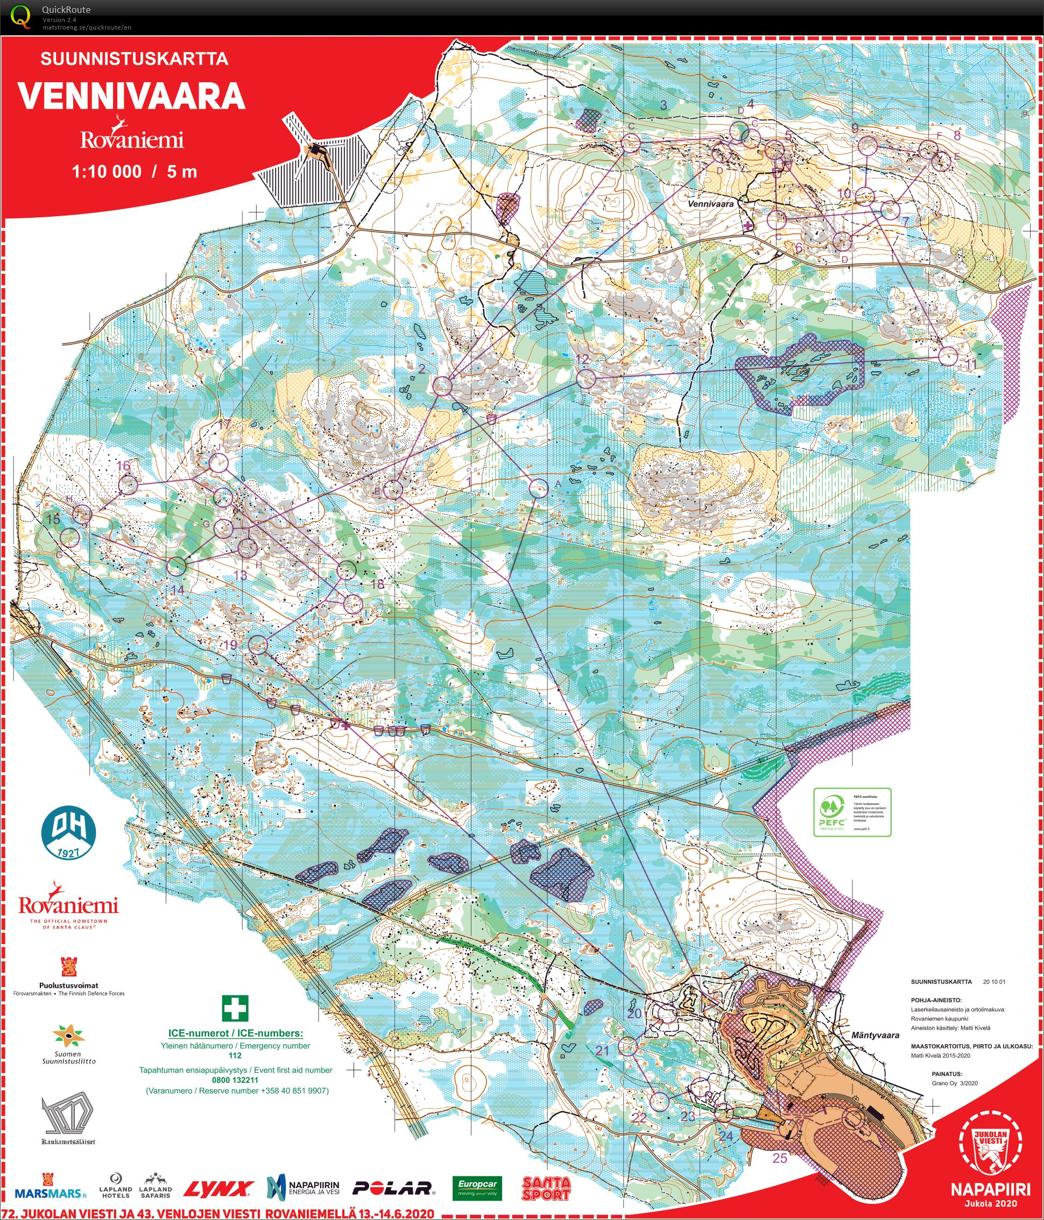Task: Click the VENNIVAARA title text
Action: [131, 96]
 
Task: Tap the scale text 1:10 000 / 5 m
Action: [135, 172]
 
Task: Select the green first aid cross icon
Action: [235, 1008]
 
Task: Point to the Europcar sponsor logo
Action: [477, 1187]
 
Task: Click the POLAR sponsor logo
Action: [392, 1188]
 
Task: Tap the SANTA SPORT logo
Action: [546, 1187]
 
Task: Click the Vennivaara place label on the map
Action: [710, 204]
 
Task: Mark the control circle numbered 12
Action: [586, 379]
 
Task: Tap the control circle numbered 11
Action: [948, 356]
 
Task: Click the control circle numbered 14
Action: [176, 566]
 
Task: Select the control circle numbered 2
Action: [442, 386]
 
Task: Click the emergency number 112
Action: [235, 1055]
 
